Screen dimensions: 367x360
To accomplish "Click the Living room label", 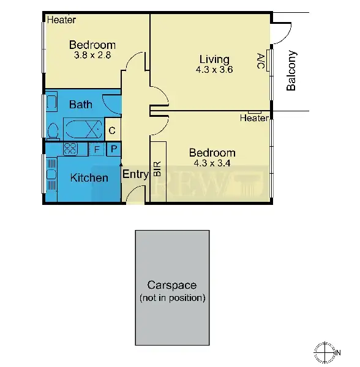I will point(214,59).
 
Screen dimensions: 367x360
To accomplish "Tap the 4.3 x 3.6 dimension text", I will point(214,70).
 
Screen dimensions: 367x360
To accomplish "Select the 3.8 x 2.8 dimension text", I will point(92,55).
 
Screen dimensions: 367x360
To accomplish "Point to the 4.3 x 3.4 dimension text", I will point(212,163).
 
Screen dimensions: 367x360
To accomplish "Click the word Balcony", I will point(291,71).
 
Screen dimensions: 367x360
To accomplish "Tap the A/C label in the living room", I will point(261,61).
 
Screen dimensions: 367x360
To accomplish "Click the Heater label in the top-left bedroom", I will point(61,20).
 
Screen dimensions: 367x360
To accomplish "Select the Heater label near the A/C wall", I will point(254,118).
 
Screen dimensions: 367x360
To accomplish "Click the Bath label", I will point(80,105).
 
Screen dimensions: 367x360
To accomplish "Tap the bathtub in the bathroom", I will point(83,130).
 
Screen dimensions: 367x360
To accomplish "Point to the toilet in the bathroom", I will point(52,130).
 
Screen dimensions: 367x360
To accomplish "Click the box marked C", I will point(112,130).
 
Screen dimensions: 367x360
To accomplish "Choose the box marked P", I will point(114,149).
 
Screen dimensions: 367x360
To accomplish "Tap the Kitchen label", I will point(89,178).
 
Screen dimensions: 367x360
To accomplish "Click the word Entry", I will point(135,174).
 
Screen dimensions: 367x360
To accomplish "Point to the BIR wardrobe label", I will point(157,169).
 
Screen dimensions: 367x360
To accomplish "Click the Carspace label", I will point(172,285).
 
